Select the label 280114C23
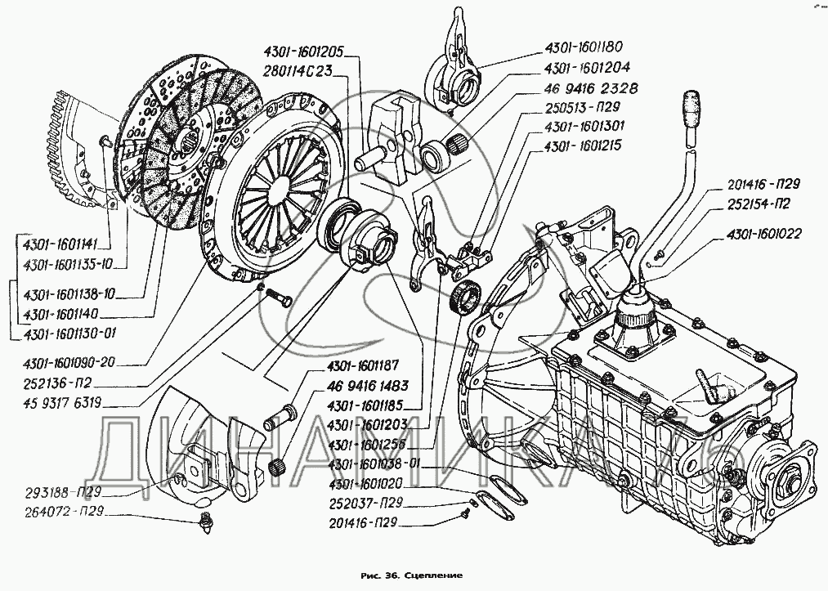tap(298, 70)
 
